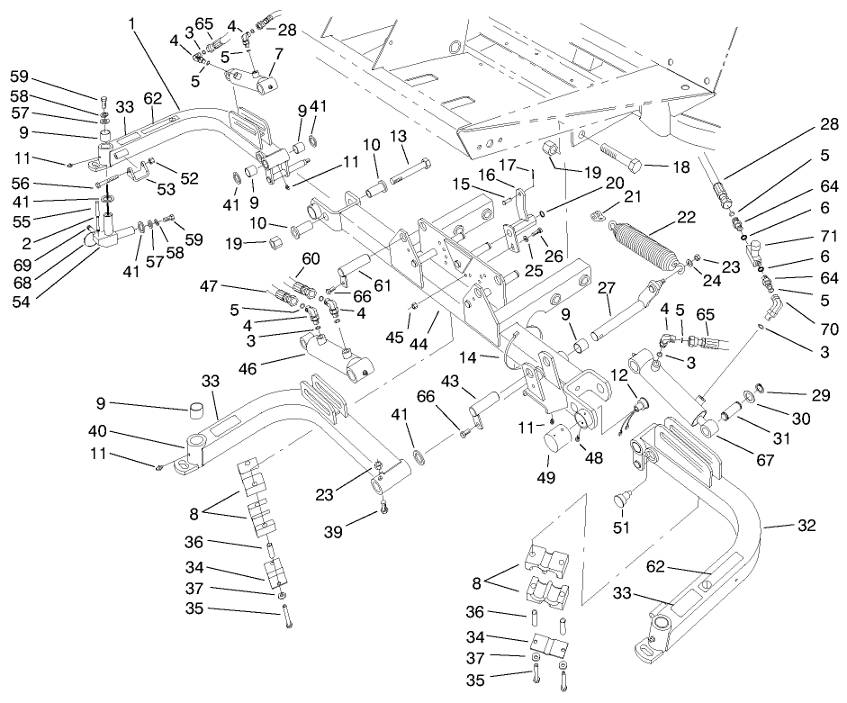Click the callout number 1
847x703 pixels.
click(x=132, y=20)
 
